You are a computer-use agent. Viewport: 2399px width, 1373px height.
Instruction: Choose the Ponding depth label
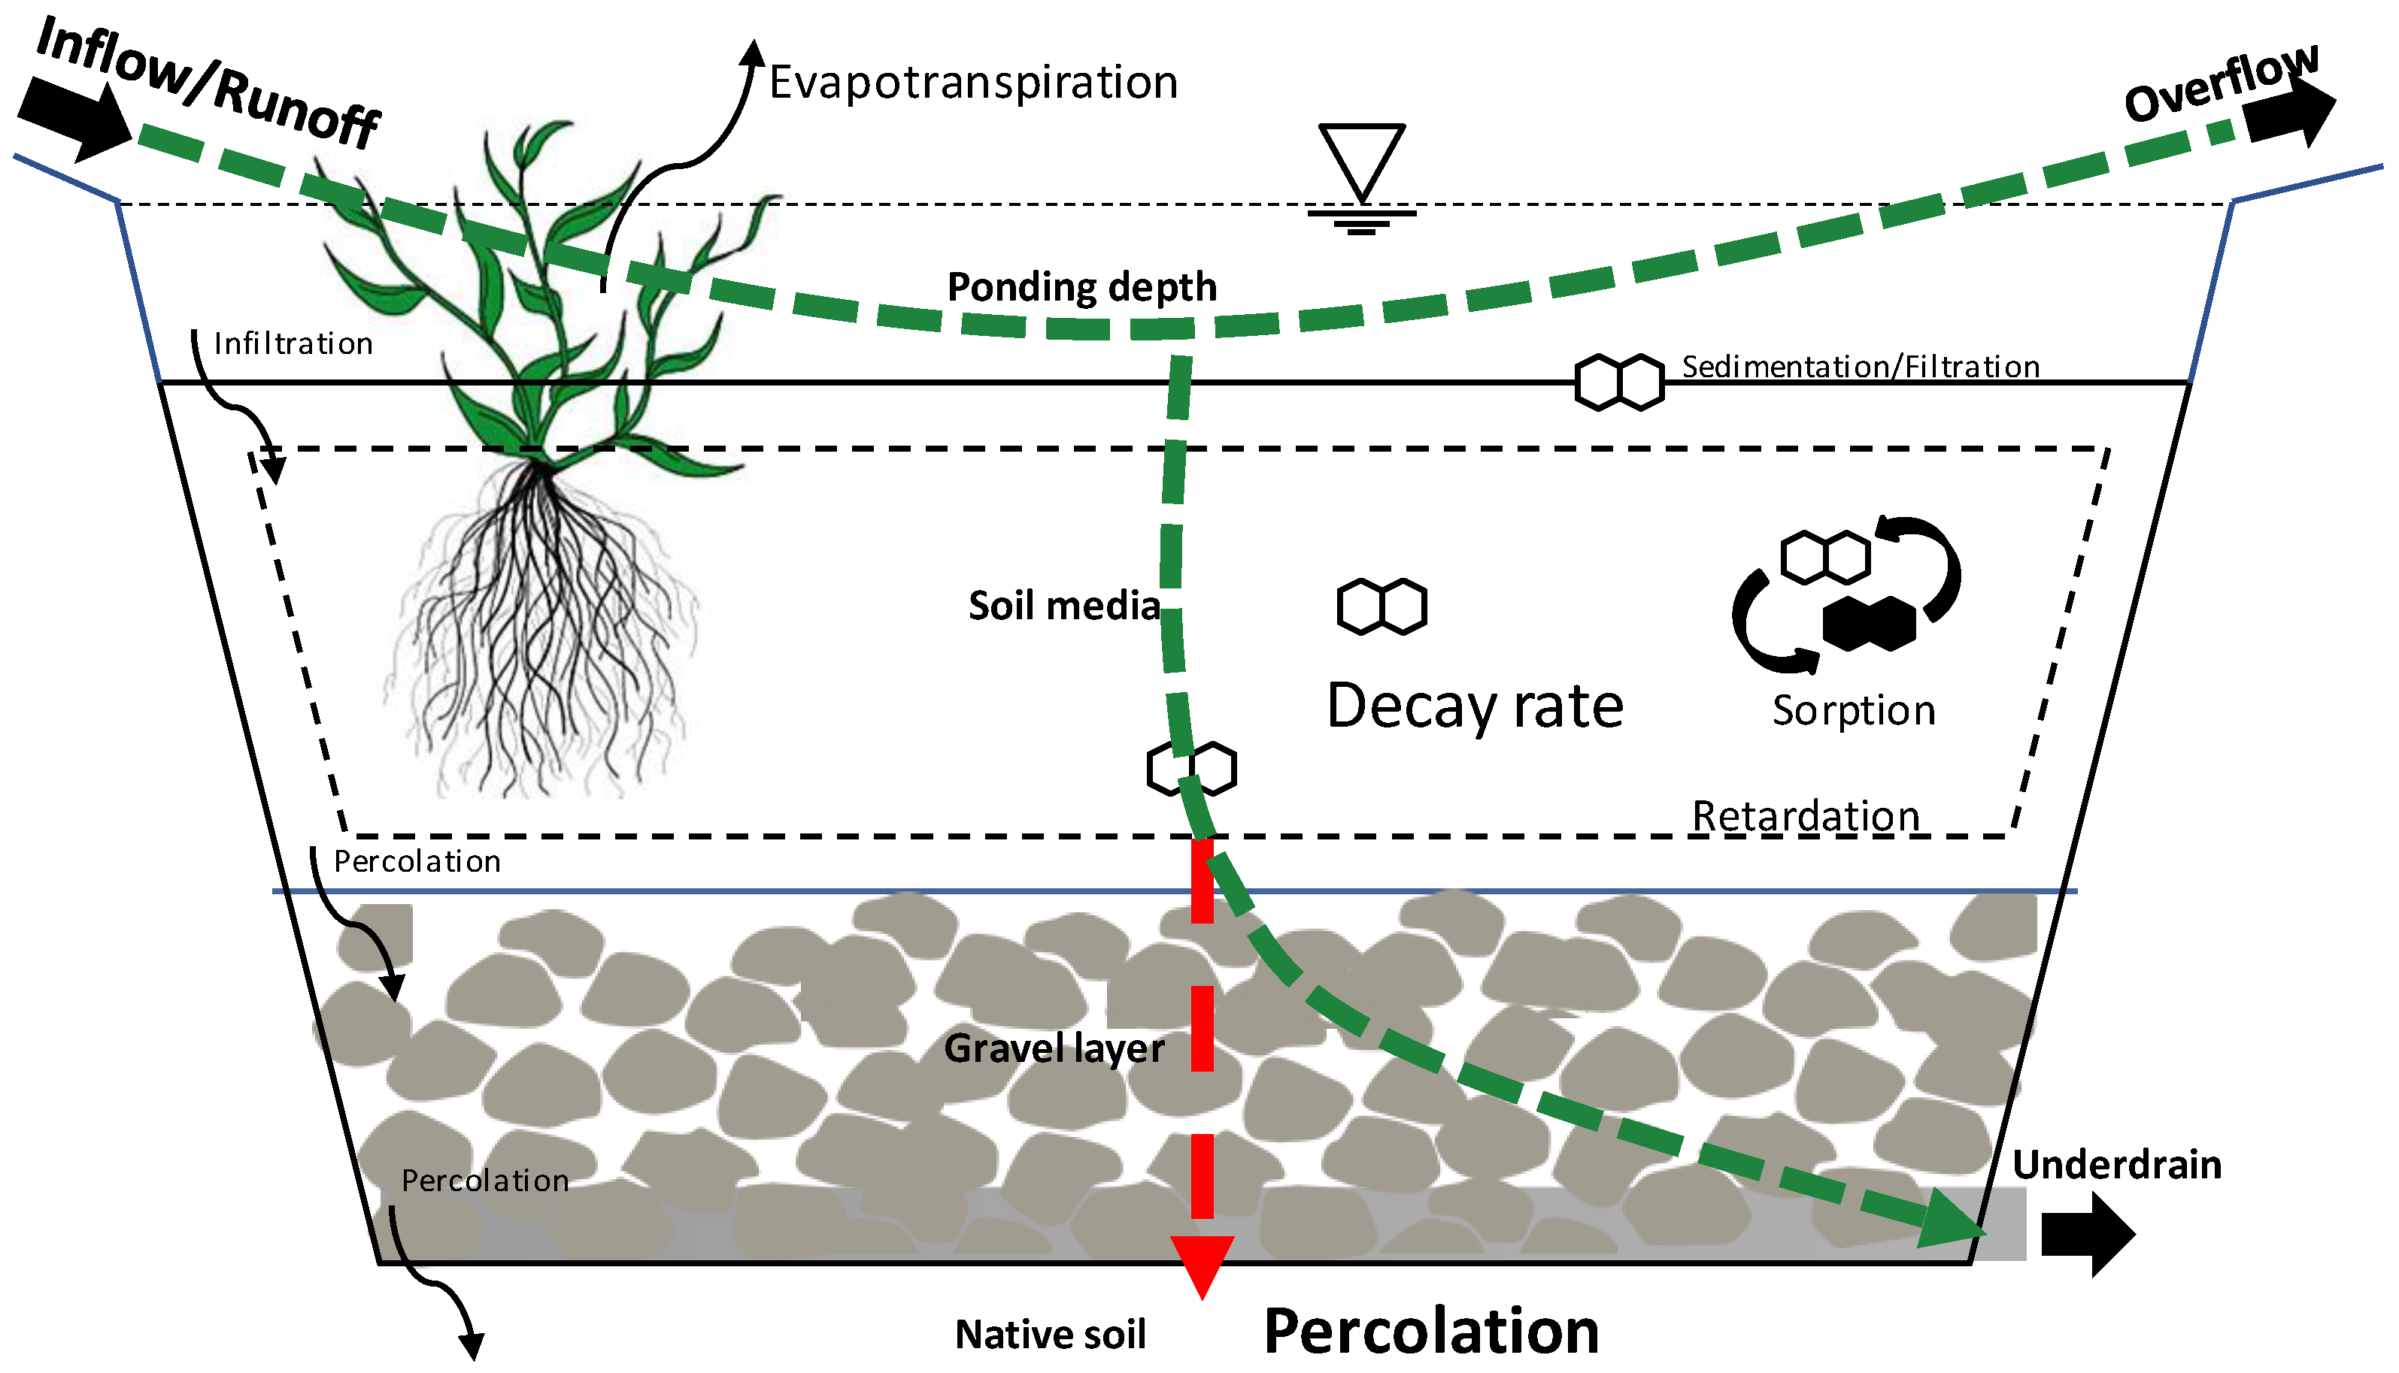pos(1081,286)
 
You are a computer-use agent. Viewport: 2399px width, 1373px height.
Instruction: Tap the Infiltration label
pos(293,344)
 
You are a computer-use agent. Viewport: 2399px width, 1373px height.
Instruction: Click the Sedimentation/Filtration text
pos(1861,367)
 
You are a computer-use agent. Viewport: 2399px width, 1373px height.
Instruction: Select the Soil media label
pos(1063,606)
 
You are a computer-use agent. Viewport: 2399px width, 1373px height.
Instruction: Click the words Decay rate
pos(1475,706)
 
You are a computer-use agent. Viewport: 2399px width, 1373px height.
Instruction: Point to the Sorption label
pos(1853,711)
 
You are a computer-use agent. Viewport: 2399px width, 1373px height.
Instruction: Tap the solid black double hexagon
pos(1868,625)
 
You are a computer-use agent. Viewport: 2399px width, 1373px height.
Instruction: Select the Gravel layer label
pos(1054,1048)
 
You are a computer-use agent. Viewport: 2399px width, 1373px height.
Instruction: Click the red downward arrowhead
pos(1202,1263)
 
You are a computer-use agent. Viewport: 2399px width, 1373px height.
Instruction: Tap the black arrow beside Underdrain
pos(2087,1233)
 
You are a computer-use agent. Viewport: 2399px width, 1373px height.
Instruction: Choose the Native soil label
pos(1050,1335)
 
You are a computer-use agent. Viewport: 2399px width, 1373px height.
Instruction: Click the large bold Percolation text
pos(1430,1332)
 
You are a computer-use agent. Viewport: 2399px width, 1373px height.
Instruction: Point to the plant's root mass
pos(542,632)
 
